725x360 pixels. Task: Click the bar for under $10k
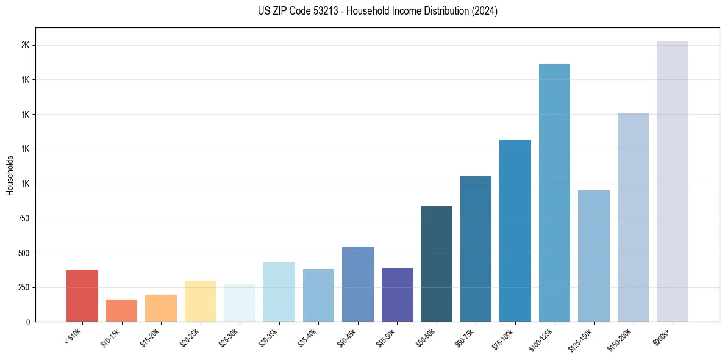click(x=82, y=295)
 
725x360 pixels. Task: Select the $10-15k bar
click(x=121, y=311)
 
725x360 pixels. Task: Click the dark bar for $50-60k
click(x=437, y=264)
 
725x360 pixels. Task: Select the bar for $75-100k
click(x=515, y=231)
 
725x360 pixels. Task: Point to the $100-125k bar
click(x=554, y=193)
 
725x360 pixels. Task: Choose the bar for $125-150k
click(x=594, y=256)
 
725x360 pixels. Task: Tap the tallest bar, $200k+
click(x=673, y=181)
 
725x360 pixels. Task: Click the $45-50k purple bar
click(x=397, y=295)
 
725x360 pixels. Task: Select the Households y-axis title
click(x=10, y=175)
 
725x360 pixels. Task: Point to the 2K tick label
click(x=25, y=46)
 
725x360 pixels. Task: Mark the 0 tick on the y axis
click(x=27, y=322)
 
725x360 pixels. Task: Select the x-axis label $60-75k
click(x=468, y=336)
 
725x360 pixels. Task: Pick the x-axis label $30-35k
click(x=271, y=336)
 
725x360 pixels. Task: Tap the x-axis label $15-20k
click(x=153, y=336)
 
